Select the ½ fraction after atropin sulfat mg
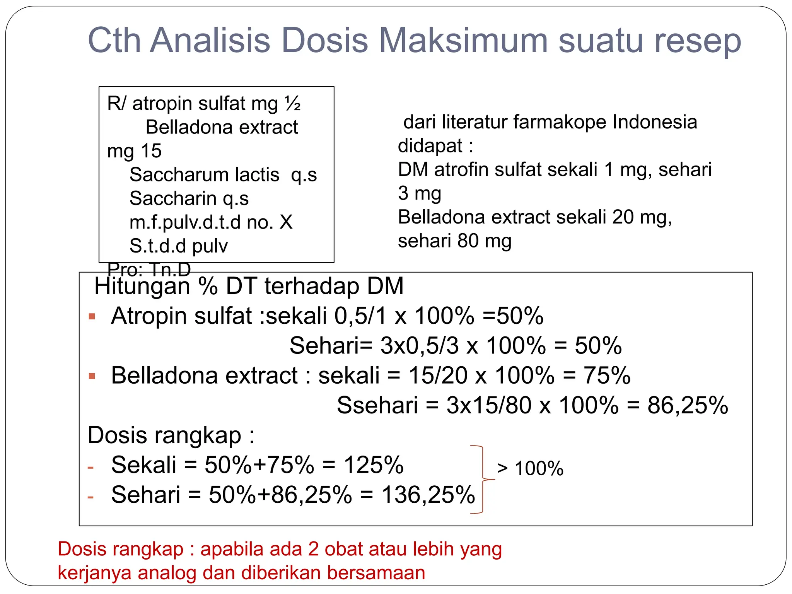pyautogui.click(x=293, y=103)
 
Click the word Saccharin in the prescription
pyautogui.click(x=173, y=198)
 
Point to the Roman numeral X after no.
pyautogui.click(x=286, y=222)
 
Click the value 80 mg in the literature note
pyautogui.click(x=484, y=241)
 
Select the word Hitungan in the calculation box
pyautogui.click(x=142, y=286)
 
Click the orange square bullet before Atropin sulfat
pyautogui.click(x=92, y=317)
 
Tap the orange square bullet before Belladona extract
pyautogui.click(x=92, y=376)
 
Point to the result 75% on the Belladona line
pyautogui.click(x=607, y=376)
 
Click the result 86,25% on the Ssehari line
pyautogui.click(x=688, y=405)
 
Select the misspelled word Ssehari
pyautogui.click(x=377, y=405)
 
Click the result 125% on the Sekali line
pyautogui.click(x=374, y=465)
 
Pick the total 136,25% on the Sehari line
pyautogui.click(x=428, y=495)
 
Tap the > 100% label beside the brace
pyautogui.click(x=530, y=468)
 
